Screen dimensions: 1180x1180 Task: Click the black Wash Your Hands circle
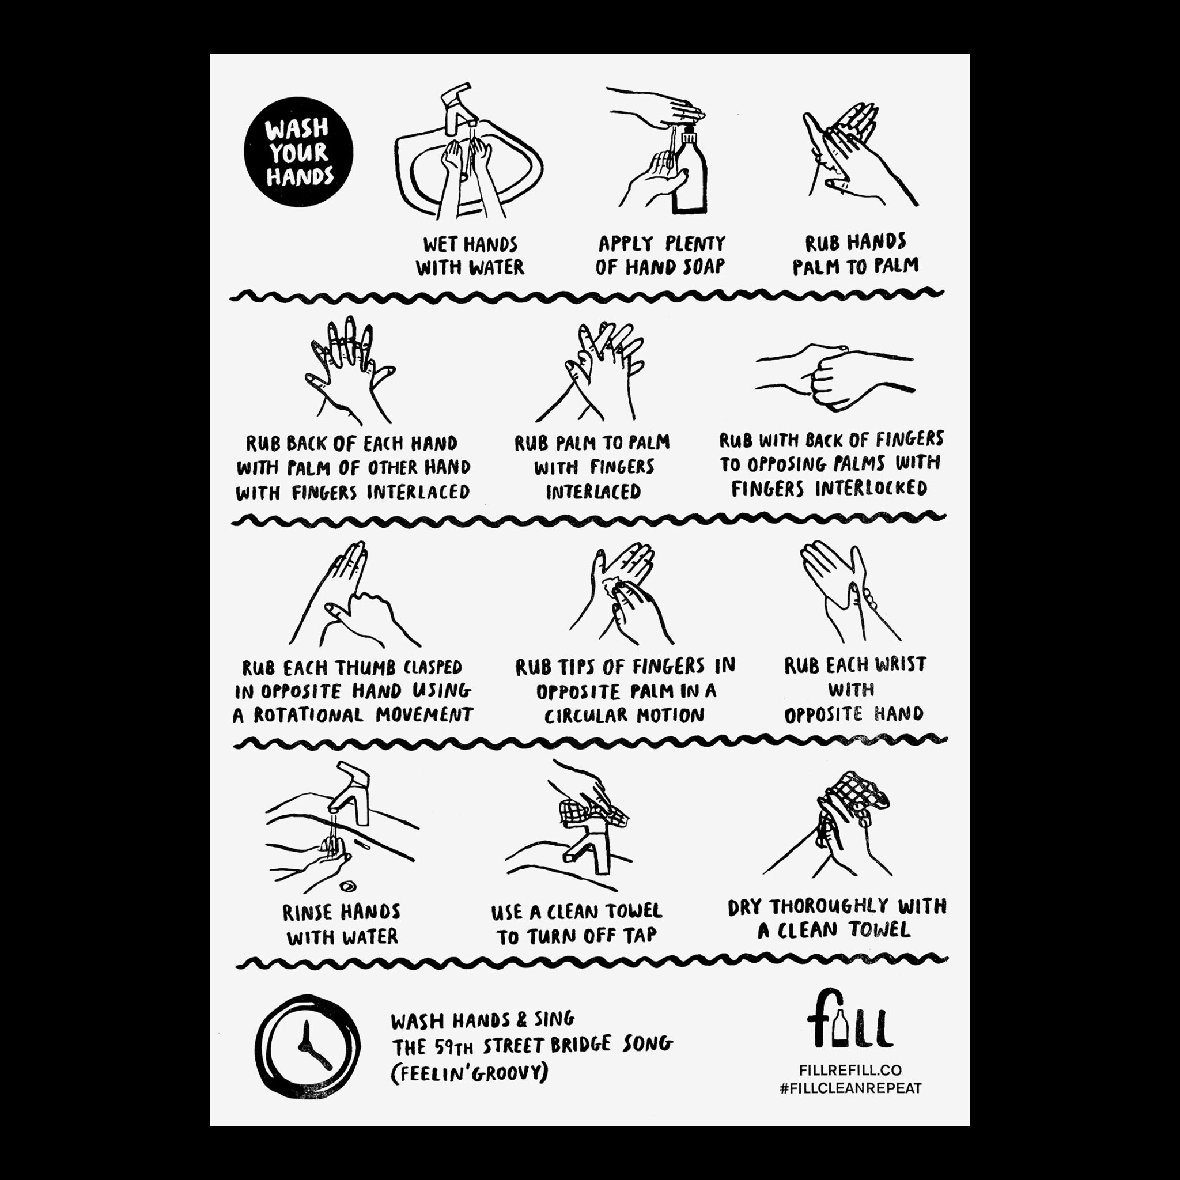pyautogui.click(x=298, y=152)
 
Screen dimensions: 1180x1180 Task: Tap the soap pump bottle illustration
pyautogui.click(x=689, y=171)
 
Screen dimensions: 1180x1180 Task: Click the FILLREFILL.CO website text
pyautogui.click(x=850, y=1070)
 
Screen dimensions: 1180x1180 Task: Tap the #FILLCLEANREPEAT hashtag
pyautogui.click(x=850, y=1088)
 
